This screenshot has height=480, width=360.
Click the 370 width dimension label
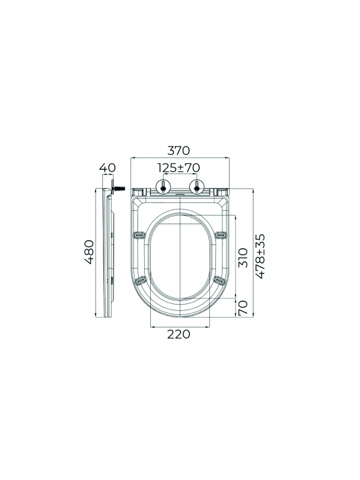[178, 151]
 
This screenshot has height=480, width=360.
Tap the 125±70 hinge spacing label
[178, 168]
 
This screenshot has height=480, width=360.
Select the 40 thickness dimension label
[108, 168]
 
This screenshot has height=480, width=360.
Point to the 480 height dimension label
[90, 252]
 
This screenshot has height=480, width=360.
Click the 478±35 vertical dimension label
[260, 256]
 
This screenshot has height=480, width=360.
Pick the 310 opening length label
[242, 258]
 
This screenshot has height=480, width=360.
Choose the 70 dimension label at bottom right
[242, 308]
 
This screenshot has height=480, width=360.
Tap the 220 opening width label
[178, 334]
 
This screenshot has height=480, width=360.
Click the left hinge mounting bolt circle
[163, 186]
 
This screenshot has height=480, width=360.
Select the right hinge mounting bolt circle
[197, 186]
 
